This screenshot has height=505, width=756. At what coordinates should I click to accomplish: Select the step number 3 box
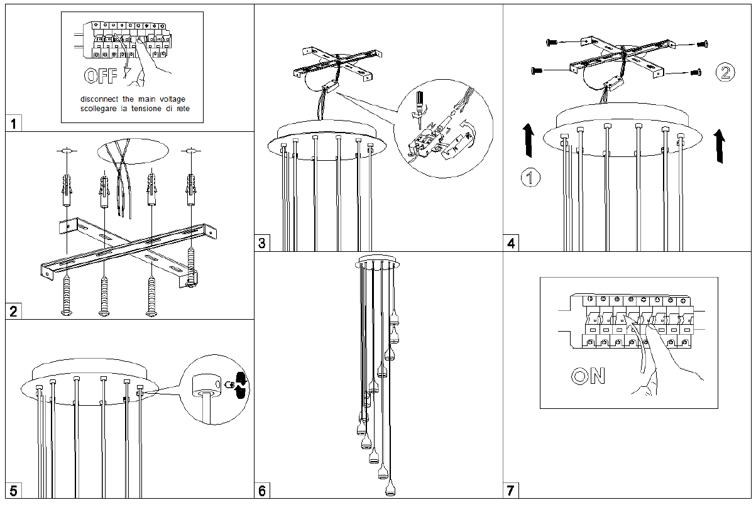pos(262,243)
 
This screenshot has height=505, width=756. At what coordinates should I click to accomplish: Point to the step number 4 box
pos(512,243)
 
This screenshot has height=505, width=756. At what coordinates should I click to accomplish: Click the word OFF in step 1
pos(100,77)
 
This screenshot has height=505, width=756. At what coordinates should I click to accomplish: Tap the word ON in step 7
pos(588,376)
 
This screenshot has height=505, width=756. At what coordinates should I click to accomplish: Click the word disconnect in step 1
pos(100,99)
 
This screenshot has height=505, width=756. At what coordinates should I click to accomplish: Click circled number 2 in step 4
pos(724,72)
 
